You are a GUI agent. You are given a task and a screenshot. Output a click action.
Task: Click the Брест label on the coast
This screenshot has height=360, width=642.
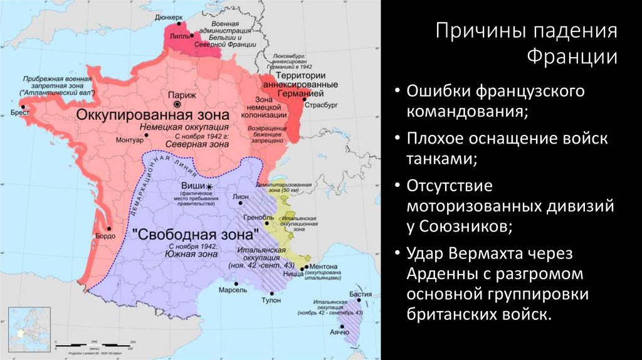21,114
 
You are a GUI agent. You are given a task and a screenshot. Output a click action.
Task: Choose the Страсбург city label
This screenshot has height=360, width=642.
321,105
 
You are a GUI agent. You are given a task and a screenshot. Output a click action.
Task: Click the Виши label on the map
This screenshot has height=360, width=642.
192,187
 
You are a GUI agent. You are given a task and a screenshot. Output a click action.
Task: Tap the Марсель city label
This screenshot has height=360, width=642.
233,290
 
